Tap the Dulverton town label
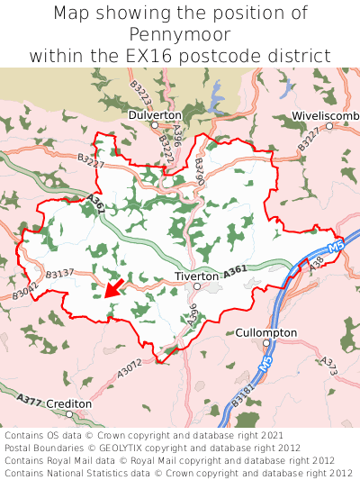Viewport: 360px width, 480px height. [155, 115]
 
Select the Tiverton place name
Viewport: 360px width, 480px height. [197, 276]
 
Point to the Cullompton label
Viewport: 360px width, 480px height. [265, 332]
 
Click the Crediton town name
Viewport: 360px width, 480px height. [68, 404]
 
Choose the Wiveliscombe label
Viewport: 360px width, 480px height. [325, 115]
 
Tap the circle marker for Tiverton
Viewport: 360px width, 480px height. [197, 286]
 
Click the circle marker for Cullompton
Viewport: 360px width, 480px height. [266, 343]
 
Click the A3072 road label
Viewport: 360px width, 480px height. [130, 367]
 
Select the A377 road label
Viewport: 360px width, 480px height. [29, 399]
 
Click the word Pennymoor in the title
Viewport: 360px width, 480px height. [180, 35]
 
